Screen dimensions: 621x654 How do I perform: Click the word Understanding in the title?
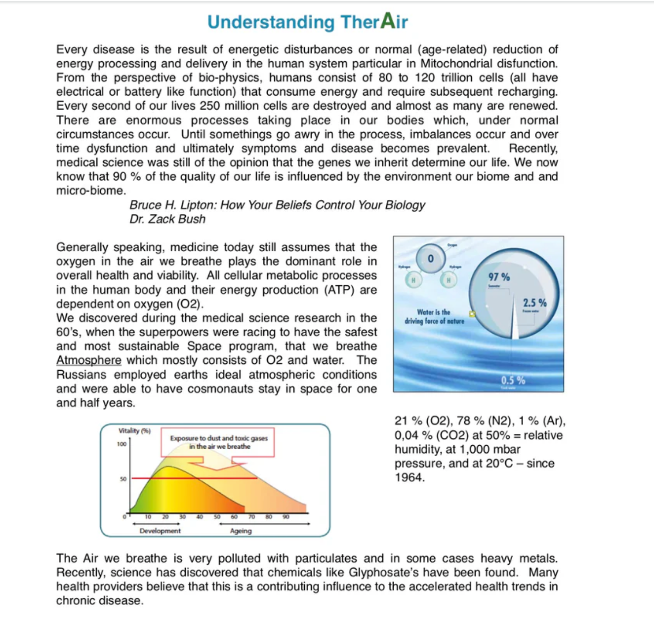(x=271, y=22)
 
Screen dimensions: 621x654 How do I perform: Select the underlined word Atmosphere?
(x=88, y=360)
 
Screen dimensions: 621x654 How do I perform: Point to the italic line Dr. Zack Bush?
(x=167, y=219)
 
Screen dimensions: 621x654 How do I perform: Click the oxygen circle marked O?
(x=430, y=258)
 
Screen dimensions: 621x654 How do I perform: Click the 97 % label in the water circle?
(x=499, y=277)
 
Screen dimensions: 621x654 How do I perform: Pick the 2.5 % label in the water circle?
(x=534, y=303)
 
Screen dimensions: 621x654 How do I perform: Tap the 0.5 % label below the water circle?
(x=513, y=380)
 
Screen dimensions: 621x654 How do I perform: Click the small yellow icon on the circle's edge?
(x=472, y=314)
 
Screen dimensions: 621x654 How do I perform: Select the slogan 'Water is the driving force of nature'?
(x=434, y=316)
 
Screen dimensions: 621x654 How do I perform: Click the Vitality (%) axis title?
(x=134, y=430)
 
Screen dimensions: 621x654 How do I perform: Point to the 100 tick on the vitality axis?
(x=122, y=444)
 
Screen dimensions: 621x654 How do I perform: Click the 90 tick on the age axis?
(x=286, y=517)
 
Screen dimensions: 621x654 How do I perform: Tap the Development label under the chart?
(x=160, y=531)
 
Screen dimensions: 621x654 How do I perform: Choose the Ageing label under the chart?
(x=241, y=531)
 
